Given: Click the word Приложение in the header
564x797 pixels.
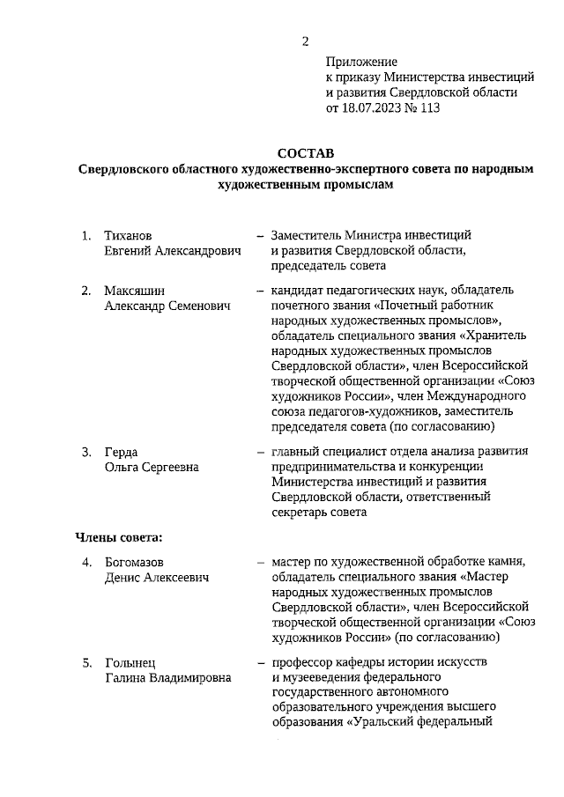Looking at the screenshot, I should (x=361, y=63).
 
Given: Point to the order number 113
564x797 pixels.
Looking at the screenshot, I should (x=428, y=108).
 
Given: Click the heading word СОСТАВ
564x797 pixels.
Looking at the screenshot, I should (x=306, y=153).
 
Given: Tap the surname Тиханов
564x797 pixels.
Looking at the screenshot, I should (x=129, y=236).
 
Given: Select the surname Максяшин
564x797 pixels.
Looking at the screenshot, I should (x=134, y=290).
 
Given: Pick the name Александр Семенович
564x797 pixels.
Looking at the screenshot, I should (x=167, y=305).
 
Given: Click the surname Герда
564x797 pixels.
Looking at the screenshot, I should (x=122, y=452).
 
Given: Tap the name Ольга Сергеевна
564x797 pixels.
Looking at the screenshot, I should (x=152, y=467).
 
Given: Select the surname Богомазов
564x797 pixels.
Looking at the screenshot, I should (x=135, y=562).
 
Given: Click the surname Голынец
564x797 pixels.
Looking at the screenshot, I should (x=130, y=661).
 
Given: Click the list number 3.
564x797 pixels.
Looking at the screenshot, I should (x=86, y=452).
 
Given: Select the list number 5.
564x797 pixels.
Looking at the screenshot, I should (x=86, y=661).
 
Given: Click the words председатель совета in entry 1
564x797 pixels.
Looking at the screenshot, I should (x=329, y=266).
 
